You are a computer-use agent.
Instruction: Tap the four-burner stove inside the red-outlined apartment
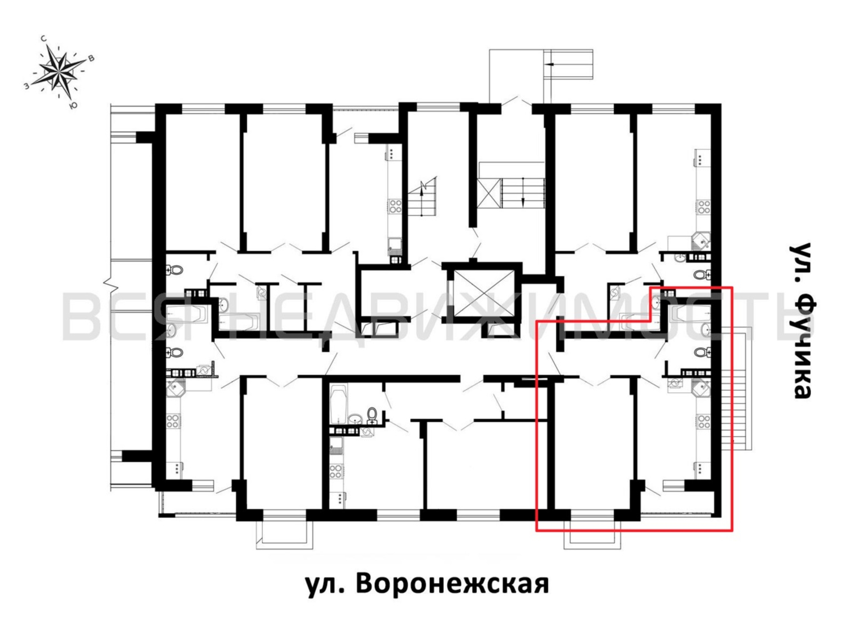click(x=703, y=421)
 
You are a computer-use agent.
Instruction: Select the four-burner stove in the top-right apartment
click(x=703, y=207)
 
